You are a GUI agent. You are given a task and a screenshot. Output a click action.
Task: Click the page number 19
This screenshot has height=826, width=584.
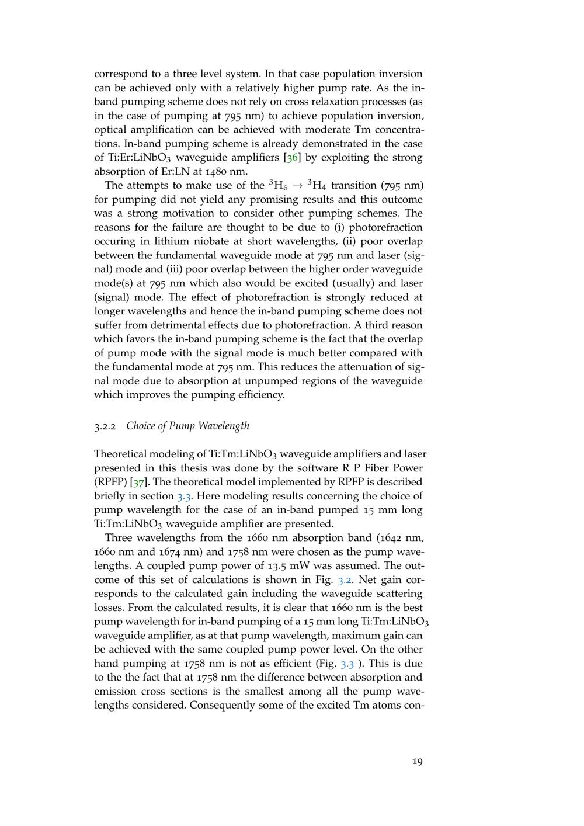[417, 761]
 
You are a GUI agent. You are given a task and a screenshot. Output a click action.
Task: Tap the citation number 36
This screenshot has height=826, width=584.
[292, 158]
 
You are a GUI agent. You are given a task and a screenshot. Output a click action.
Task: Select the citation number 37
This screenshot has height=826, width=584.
[138, 483]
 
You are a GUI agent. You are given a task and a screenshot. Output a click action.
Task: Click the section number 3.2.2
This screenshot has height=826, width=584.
[106, 426]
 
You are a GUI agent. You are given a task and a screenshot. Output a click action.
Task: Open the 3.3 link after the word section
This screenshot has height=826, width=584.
[184, 497]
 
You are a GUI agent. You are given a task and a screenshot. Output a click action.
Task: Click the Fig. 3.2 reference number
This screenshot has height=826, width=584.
[345, 580]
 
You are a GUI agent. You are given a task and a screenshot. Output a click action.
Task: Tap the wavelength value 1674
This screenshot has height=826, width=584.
[171, 552]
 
